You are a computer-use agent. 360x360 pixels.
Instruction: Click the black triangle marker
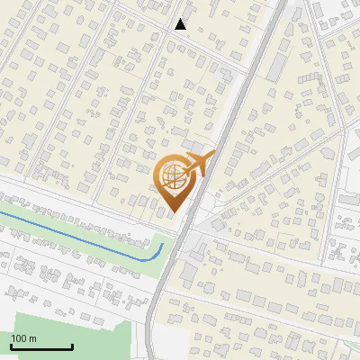pos(181,24)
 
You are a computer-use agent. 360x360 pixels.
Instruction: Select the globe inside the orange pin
pos(171,177)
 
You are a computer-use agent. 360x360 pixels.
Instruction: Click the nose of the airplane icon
pos(213,155)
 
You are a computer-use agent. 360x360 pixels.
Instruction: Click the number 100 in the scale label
pos(19,338)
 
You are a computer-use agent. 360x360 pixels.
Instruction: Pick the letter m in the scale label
pos(32,338)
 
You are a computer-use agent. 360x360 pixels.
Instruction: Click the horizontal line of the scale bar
pos(40,347)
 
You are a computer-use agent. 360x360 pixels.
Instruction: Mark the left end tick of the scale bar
pos(10,346)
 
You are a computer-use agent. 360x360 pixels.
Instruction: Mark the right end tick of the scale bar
pos(71,346)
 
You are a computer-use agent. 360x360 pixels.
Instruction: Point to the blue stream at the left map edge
pos(3,212)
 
